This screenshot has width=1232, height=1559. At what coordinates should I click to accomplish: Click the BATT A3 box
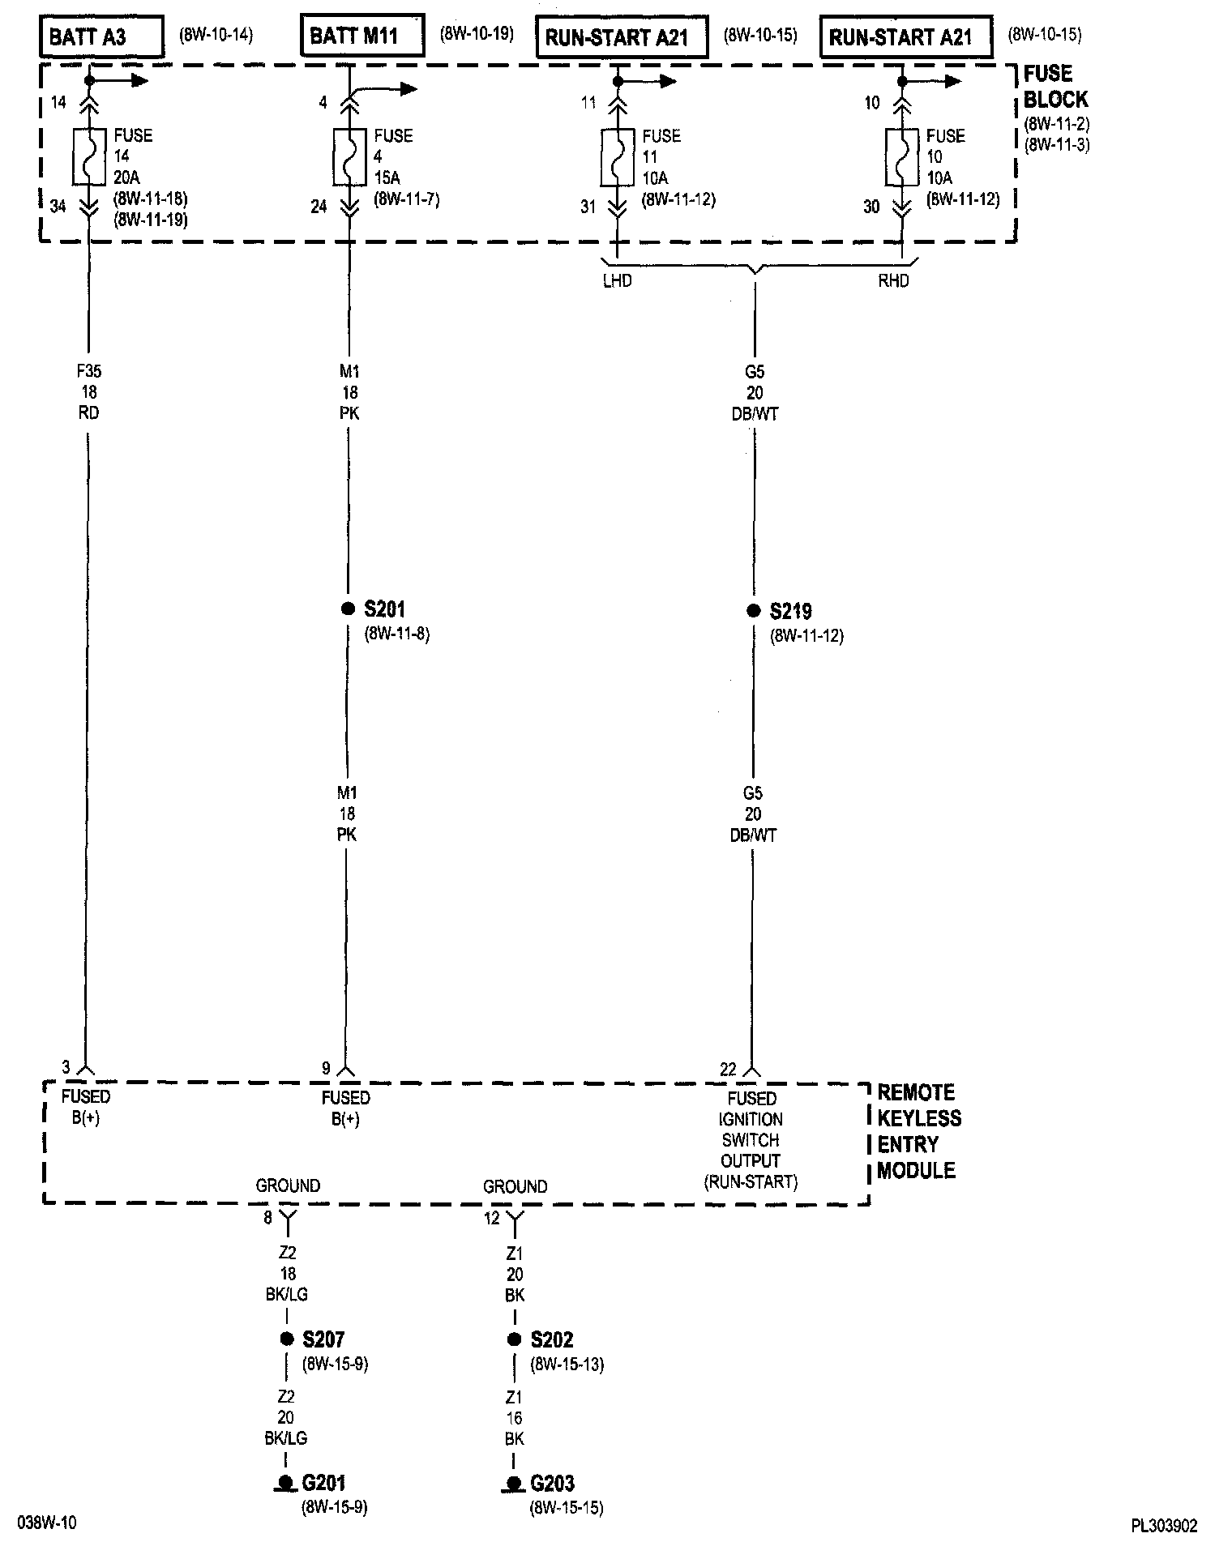[x=101, y=37]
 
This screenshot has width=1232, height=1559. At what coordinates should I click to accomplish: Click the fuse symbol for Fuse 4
[x=349, y=156]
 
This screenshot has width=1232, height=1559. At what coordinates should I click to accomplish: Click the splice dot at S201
[x=348, y=609]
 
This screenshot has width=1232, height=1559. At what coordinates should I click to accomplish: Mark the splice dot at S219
[x=754, y=610]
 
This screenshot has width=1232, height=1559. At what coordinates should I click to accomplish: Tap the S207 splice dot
[x=286, y=1339]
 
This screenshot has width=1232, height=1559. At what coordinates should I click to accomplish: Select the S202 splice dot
[x=514, y=1339]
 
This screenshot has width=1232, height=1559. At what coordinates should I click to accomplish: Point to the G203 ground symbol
[x=512, y=1484]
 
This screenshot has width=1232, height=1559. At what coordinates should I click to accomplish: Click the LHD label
[x=618, y=281]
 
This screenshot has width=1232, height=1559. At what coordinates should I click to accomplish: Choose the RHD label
[x=893, y=281]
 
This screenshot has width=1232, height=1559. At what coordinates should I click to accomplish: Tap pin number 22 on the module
[x=728, y=1070]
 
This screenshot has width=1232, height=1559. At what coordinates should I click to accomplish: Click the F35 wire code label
[x=89, y=372]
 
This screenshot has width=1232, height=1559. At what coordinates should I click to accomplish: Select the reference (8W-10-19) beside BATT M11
[x=477, y=34]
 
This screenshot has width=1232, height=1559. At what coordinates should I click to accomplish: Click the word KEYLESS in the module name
[x=919, y=1118]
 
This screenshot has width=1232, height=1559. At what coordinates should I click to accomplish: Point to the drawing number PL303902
[x=1164, y=1527]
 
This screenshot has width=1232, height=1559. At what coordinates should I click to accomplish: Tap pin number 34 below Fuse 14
[x=58, y=207]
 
